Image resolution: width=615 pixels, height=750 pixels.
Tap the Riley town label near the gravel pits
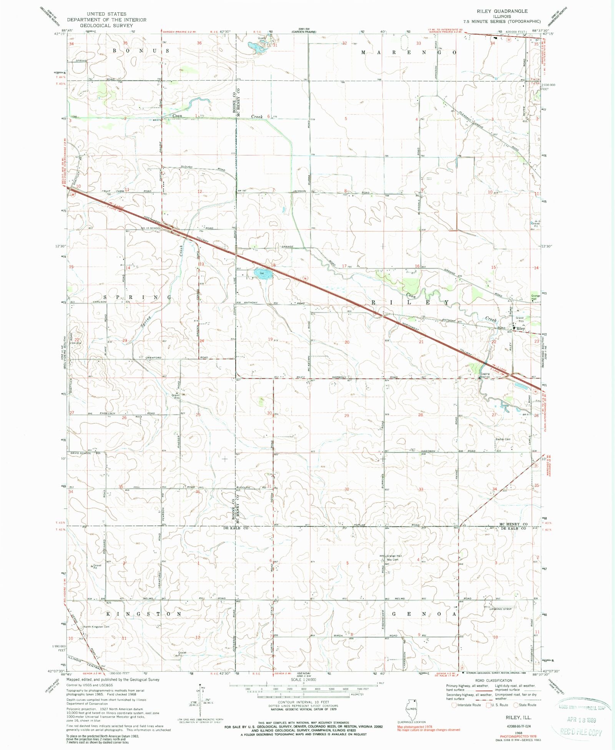pos(521,329)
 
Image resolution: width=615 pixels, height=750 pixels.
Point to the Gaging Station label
pos(485,375)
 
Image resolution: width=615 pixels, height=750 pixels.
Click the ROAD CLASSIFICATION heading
pos(494,680)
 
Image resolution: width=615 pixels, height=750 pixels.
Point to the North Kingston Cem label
pos(96,627)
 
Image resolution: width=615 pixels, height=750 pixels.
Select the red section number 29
pos(347,416)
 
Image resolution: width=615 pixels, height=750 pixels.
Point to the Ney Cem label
pos(391,560)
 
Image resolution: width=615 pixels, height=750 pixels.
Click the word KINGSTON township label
pos(144,614)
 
